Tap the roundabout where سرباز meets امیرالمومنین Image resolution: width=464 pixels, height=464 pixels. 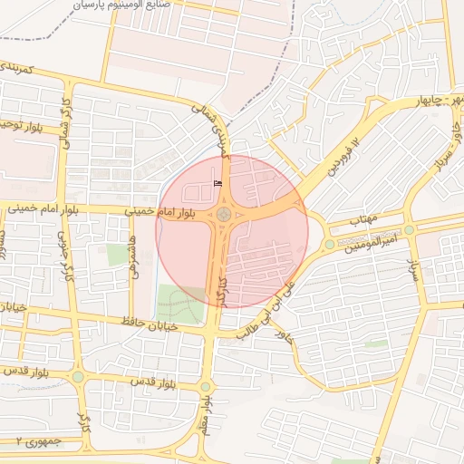coord(410,229)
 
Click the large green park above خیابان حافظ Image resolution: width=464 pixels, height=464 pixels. coord(180,304)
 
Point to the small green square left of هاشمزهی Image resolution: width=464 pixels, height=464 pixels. coord(119,255)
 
